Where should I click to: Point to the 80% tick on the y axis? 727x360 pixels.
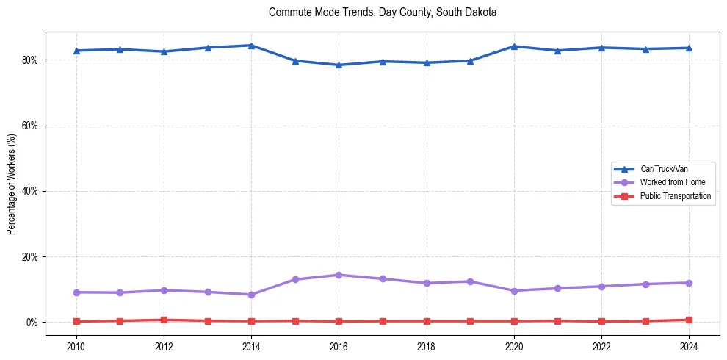(x=31, y=60)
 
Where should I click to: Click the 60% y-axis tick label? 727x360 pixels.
(x=31, y=126)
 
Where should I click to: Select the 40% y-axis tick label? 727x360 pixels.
(x=31, y=191)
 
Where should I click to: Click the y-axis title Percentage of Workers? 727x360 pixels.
(x=12, y=184)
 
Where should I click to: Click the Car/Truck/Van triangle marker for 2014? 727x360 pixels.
(x=251, y=46)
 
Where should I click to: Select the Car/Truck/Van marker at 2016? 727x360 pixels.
(x=339, y=65)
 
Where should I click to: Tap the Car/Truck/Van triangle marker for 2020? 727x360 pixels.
(x=514, y=46)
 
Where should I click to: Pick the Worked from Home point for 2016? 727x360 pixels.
(x=339, y=275)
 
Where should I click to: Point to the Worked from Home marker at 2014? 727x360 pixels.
(x=251, y=295)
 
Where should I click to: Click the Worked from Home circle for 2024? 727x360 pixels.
(x=689, y=283)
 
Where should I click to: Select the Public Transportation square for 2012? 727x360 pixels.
(x=164, y=320)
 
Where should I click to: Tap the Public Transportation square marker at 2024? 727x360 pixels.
(x=689, y=320)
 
